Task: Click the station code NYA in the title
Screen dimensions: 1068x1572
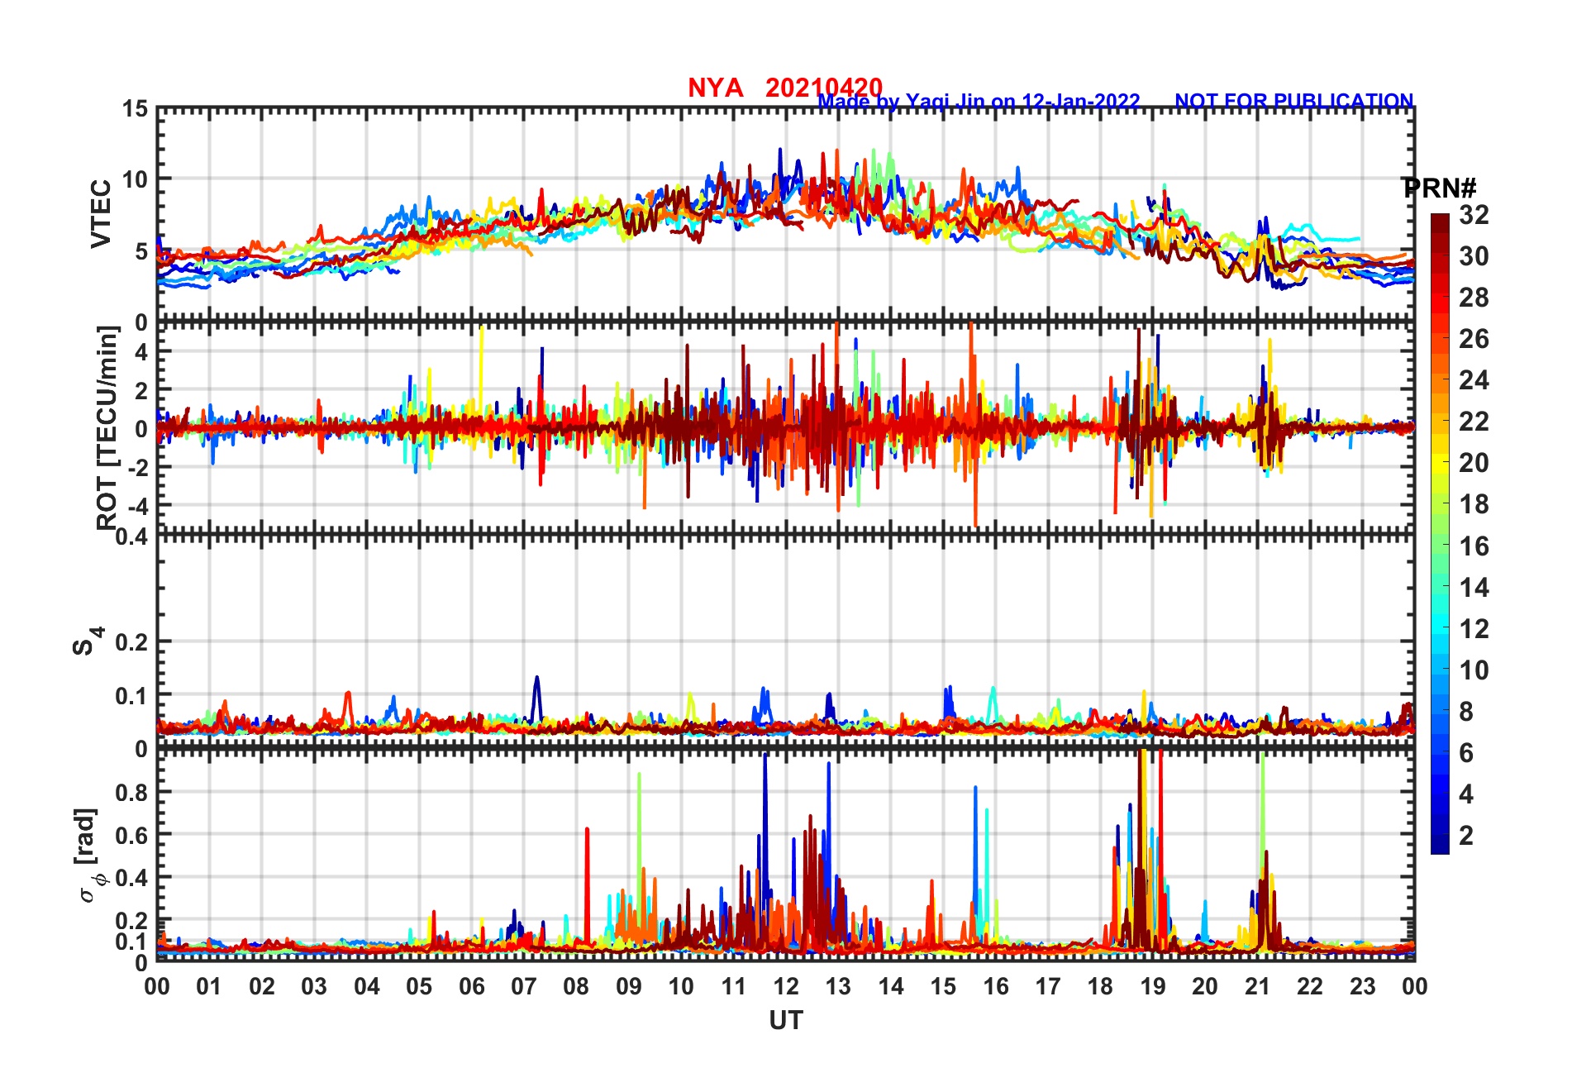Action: point(715,88)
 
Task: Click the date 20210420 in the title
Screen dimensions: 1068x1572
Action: point(823,88)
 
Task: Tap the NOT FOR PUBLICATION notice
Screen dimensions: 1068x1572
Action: point(1293,101)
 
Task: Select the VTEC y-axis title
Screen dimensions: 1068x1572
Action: point(101,213)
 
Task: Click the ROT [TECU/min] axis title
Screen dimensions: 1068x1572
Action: point(107,427)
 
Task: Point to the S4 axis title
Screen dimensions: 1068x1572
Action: point(87,641)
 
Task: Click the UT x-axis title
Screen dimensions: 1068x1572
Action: point(785,1021)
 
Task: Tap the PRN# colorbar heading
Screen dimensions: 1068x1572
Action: point(1439,188)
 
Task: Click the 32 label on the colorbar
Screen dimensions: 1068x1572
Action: point(1474,215)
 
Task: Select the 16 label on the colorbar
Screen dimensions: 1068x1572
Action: point(1474,546)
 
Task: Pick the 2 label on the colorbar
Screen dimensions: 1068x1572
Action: point(1466,835)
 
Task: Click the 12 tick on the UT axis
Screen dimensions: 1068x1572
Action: point(786,986)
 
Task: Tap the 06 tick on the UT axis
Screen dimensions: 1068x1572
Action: point(472,986)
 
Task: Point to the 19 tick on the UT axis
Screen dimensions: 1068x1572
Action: point(1153,986)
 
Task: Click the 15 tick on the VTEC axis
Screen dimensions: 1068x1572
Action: point(136,109)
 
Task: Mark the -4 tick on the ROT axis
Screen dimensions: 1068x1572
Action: point(138,504)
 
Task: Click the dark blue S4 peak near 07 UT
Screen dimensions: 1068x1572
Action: point(536,680)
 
